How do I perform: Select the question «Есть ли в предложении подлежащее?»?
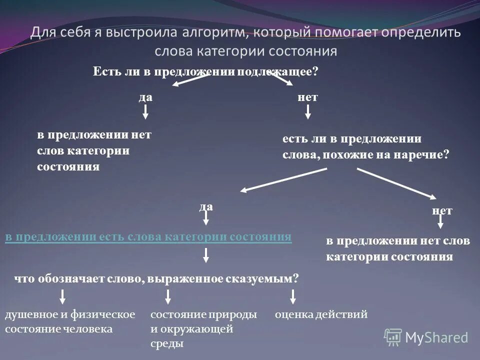tap(205, 71)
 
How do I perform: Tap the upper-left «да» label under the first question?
tap(145, 97)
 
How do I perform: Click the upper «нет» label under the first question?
tap(307, 97)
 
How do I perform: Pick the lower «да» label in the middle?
tap(206, 206)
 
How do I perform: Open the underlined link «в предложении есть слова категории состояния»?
tap(148, 237)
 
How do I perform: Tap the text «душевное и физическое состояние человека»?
tap(70, 321)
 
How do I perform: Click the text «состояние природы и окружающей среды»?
tap(203, 328)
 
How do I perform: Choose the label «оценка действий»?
tap(321, 314)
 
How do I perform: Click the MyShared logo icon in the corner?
tap(393, 337)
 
